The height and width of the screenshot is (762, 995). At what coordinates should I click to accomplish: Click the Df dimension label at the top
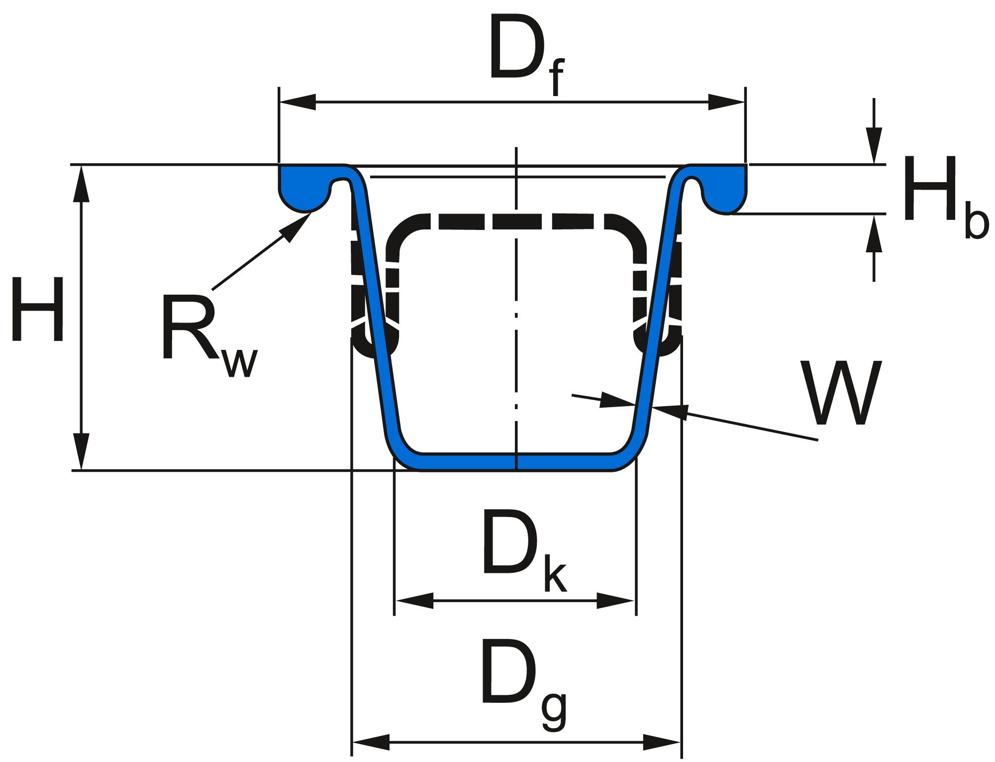tap(526, 55)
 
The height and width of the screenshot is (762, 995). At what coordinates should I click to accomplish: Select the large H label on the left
tap(38, 310)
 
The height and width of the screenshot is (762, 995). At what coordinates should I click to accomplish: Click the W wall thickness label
tap(841, 393)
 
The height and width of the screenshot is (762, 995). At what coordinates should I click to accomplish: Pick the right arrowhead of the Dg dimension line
tap(662, 742)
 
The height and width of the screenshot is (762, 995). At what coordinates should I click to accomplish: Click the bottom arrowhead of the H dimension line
tap(81, 451)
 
